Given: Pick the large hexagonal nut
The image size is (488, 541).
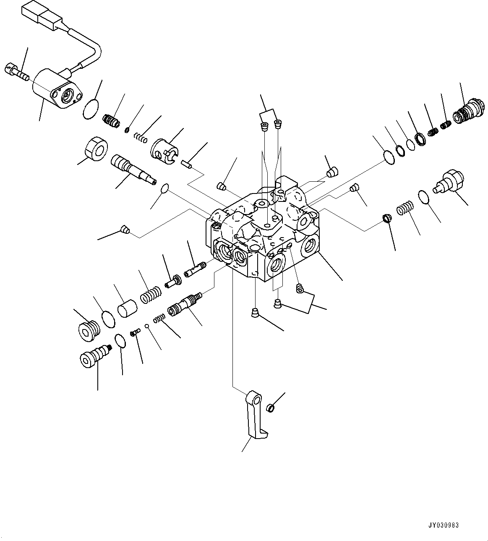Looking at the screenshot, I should pyautogui.click(x=96, y=149).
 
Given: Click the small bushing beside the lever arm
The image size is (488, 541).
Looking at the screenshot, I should pyautogui.click(x=271, y=407).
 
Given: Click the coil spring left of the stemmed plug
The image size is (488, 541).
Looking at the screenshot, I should pyautogui.click(x=405, y=208).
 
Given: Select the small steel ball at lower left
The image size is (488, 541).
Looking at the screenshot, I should pyautogui.click(x=146, y=326).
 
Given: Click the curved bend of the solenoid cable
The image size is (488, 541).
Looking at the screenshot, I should pyautogui.click(x=96, y=47).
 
